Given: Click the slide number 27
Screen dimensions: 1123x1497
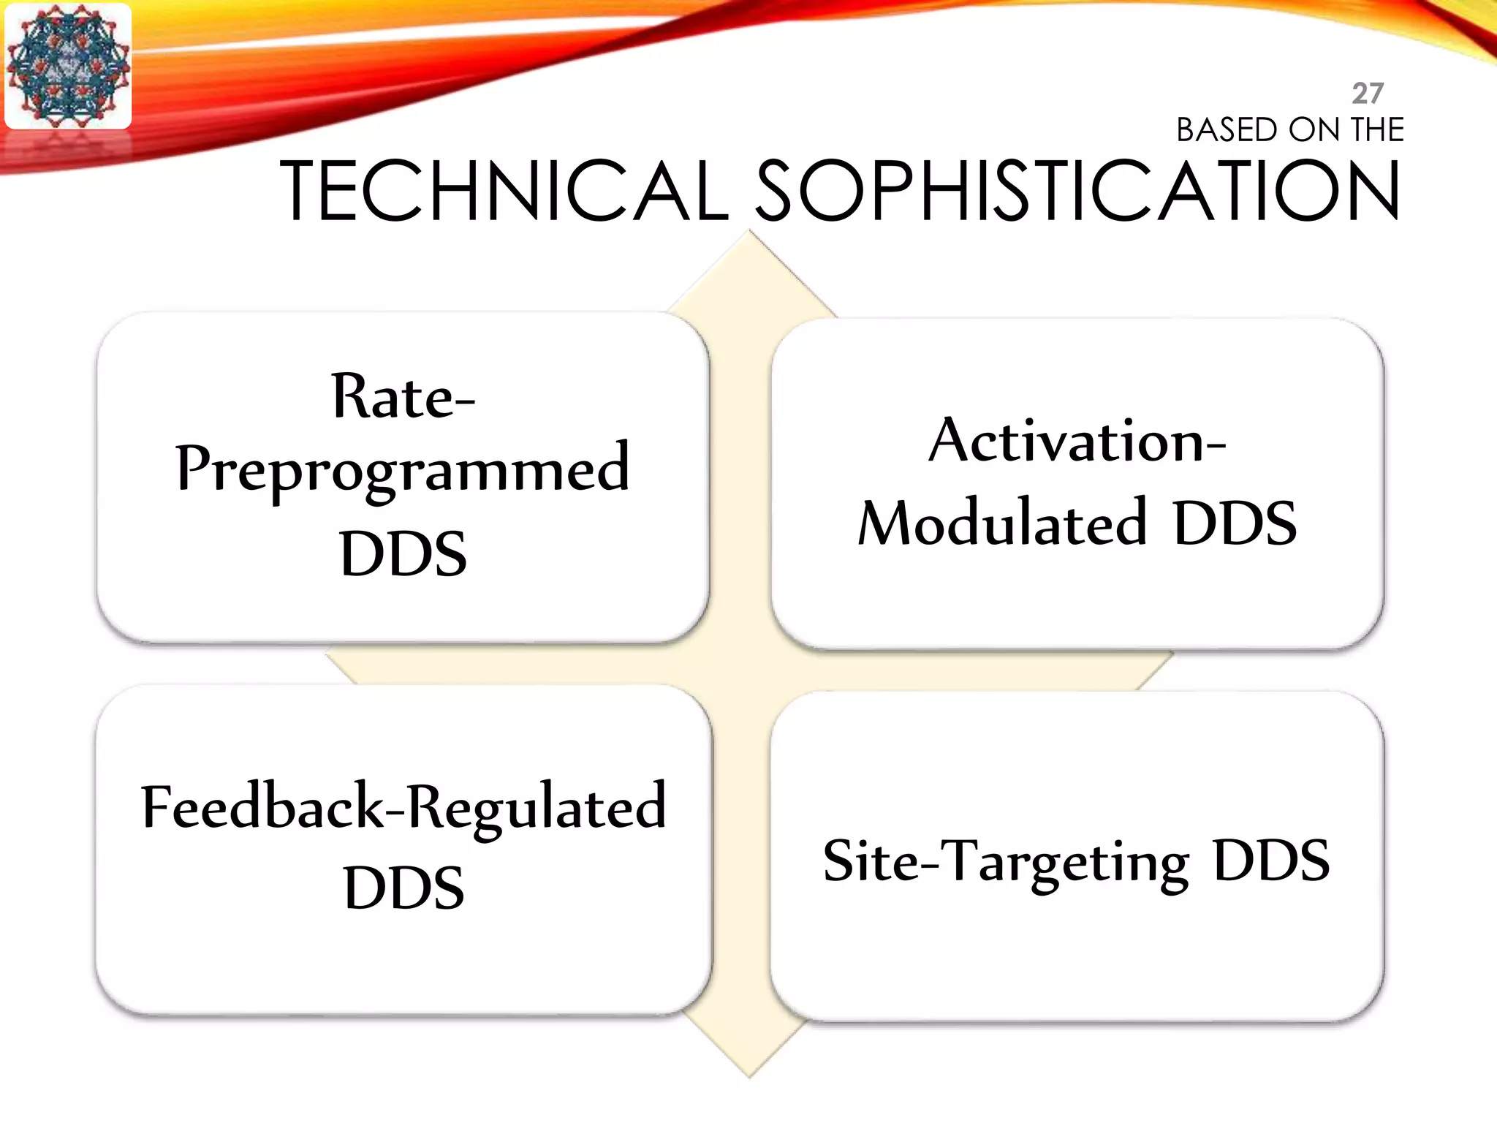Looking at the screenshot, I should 1367,94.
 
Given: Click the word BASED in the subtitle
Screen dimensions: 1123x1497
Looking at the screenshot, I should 1227,130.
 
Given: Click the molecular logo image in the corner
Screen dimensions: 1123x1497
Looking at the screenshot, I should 68,67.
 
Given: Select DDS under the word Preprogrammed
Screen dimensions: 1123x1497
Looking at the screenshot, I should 403,553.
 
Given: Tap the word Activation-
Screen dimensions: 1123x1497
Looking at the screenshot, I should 1077,441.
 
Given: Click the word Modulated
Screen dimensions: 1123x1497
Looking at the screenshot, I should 1002,523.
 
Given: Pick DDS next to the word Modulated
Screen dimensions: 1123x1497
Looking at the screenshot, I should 1235,523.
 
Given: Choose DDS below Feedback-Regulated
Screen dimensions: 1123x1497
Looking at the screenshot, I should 403,888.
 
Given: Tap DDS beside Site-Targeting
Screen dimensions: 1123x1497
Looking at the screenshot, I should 1270,861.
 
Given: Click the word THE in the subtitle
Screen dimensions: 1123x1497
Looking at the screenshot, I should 1378,130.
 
